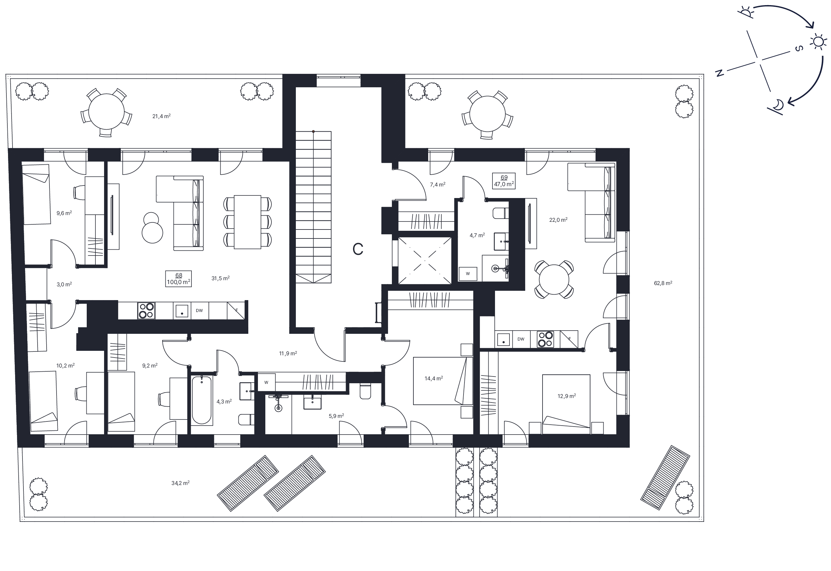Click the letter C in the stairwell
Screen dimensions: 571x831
[358, 249]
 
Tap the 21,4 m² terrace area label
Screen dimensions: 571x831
[161, 116]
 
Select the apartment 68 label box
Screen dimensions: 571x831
[178, 279]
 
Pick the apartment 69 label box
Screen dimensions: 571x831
[503, 181]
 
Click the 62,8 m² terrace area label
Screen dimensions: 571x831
[663, 283]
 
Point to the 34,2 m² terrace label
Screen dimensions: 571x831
[180, 483]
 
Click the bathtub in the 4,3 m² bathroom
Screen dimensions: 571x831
[202, 400]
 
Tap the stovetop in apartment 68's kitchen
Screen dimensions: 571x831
[146, 311]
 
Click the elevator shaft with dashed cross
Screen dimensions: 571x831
[425, 260]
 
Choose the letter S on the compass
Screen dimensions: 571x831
[799, 48]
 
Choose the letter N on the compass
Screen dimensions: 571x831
[719, 73]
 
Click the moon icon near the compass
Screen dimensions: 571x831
[777, 105]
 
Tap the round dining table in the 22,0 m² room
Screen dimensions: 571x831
[553, 280]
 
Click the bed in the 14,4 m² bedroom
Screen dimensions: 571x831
[443, 381]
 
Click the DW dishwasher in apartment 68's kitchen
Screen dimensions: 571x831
[199, 311]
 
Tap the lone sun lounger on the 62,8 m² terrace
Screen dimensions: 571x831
[665, 477]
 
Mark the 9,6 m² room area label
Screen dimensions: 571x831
[64, 213]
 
